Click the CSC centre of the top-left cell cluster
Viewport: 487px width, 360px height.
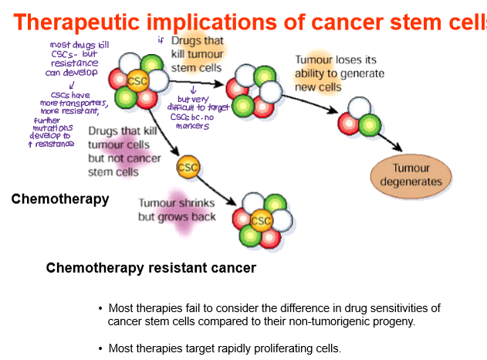pos(137,80)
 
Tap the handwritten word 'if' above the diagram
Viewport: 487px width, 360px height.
pos(161,39)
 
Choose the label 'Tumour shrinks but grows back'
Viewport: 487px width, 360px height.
pos(176,210)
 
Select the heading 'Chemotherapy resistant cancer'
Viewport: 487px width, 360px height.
pos(150,268)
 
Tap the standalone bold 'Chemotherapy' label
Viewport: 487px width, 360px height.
pos(60,199)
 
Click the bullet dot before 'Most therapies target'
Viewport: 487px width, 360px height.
pos(100,348)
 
